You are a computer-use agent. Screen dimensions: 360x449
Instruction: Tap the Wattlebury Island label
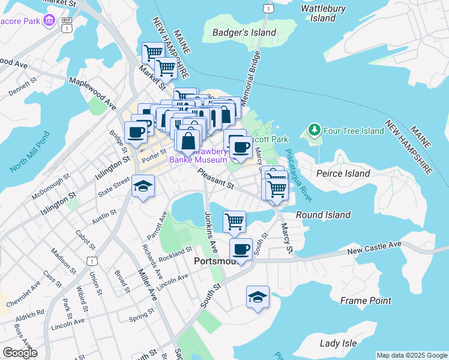click(x=323, y=13)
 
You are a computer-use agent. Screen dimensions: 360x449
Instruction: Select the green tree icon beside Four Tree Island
click(x=313, y=130)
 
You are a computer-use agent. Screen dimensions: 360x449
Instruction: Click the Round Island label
click(x=323, y=215)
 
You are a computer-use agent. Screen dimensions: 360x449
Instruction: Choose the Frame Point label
click(x=366, y=301)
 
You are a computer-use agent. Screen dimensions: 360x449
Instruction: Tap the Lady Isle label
click(x=338, y=344)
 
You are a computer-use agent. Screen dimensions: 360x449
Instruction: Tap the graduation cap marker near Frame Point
click(x=258, y=298)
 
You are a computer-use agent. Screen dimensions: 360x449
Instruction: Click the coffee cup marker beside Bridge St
click(x=135, y=133)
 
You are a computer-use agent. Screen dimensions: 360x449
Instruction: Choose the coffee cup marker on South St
click(x=241, y=250)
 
